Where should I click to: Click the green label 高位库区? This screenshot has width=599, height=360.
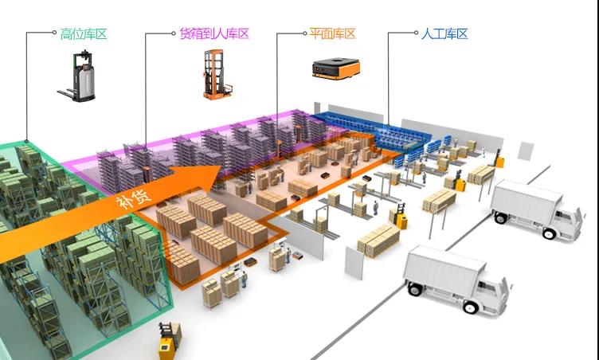[x=83, y=34]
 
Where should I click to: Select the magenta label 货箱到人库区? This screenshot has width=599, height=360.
[x=210, y=34]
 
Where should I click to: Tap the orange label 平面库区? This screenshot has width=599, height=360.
[x=332, y=34]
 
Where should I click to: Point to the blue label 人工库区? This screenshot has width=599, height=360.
[x=444, y=34]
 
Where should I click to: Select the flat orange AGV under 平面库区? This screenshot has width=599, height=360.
[x=333, y=68]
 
